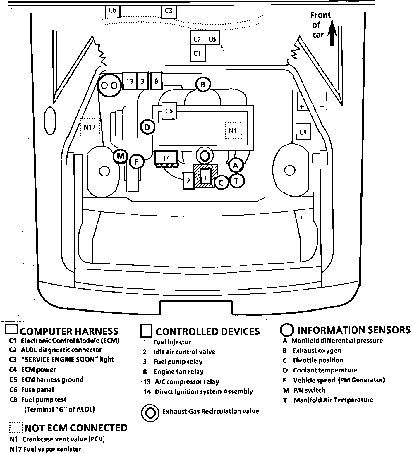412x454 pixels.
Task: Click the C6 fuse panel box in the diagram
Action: click(x=112, y=11)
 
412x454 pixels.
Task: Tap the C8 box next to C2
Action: click(x=212, y=39)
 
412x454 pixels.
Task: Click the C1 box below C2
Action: click(x=198, y=53)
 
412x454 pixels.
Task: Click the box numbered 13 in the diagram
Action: click(x=130, y=81)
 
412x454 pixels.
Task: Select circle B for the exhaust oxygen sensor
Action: click(x=203, y=85)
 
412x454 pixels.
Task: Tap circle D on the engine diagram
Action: click(x=147, y=127)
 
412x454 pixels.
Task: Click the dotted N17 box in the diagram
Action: click(x=90, y=127)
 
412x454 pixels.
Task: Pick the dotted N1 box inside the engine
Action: click(x=233, y=130)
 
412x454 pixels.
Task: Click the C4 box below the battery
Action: click(x=303, y=132)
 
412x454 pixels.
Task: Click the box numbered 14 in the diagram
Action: click(x=166, y=158)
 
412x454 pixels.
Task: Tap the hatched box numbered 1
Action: click(x=206, y=177)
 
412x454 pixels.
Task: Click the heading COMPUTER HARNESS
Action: click(x=69, y=331)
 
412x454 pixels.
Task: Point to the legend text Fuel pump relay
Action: click(x=178, y=362)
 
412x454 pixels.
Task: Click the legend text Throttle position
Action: click(x=317, y=360)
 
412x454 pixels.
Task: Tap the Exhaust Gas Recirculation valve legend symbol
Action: click(x=150, y=412)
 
